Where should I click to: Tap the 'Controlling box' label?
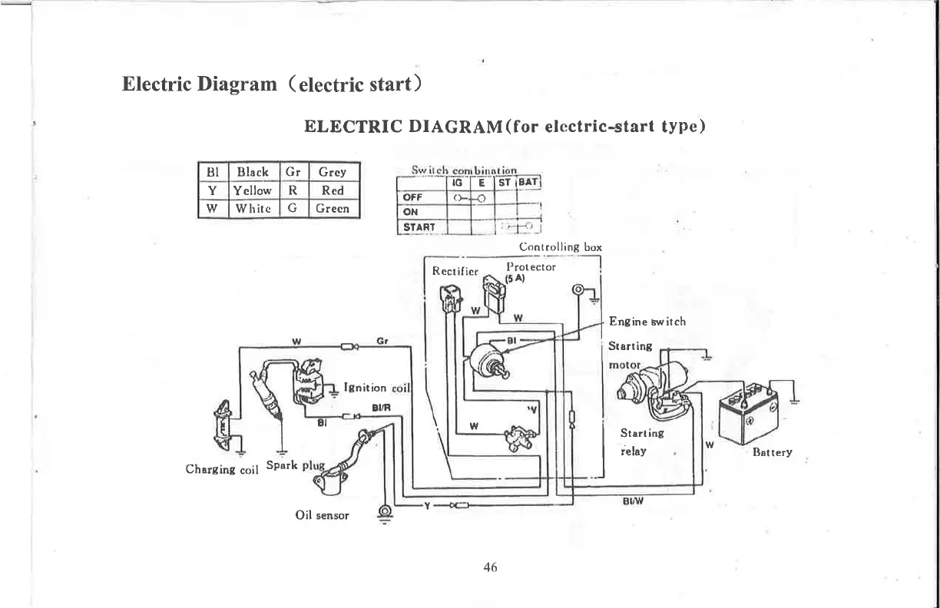click(561, 247)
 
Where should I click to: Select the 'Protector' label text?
click(531, 266)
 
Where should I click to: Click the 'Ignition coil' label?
click(378, 388)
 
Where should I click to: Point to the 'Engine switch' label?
click(647, 322)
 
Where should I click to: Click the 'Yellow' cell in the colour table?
click(253, 190)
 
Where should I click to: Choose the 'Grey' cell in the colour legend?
click(332, 172)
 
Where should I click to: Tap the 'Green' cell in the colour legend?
click(332, 208)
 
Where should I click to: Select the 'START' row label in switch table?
click(419, 226)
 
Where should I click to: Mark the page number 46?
click(491, 567)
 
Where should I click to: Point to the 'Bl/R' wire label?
click(381, 409)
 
